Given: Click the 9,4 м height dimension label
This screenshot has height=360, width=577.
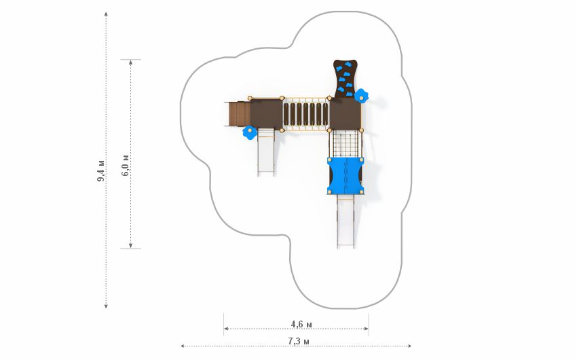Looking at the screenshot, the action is click(101, 170).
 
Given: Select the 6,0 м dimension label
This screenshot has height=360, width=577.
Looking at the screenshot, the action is click(125, 165).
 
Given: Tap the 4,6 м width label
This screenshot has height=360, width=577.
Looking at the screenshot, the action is click(301, 324).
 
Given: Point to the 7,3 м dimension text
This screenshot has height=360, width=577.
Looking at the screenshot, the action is click(299, 341).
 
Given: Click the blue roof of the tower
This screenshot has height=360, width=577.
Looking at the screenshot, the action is click(345, 175).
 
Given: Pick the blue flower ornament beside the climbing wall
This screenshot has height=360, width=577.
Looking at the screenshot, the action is click(361, 96).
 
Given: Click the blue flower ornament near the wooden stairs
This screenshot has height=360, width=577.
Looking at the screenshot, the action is click(250, 132).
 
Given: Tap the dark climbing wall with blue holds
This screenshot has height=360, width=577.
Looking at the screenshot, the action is click(345, 79).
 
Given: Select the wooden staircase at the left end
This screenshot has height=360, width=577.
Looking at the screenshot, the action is click(238, 113).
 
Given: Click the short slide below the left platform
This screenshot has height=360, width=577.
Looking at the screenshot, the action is click(265, 152).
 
